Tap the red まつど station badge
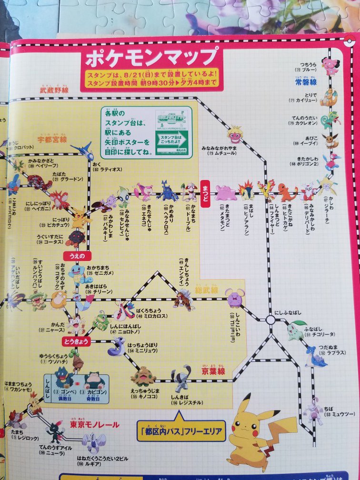(x=206, y=184)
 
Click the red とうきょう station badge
(x=75, y=340)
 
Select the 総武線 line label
(x=206, y=290)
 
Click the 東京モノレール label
(x=94, y=424)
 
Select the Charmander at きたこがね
(x=287, y=191)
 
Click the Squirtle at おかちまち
(x=77, y=273)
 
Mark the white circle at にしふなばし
(x=270, y=320)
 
